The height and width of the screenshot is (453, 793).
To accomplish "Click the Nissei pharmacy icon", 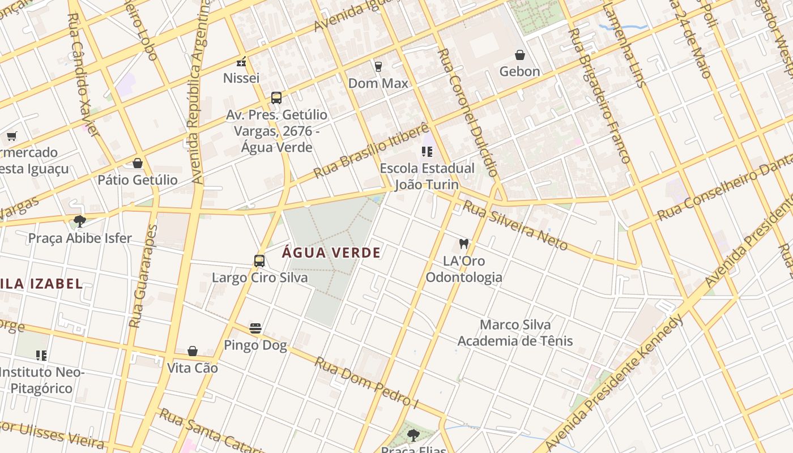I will coord(241,62).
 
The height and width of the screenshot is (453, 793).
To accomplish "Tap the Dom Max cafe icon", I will coord(378,67).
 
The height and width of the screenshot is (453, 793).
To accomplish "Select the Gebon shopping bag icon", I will coord(519,55).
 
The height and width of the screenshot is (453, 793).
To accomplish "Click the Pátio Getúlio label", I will coord(138,180).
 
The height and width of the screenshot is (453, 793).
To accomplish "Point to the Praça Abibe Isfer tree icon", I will coord(80,221).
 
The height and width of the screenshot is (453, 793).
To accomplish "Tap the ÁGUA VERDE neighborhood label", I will coord(331,253).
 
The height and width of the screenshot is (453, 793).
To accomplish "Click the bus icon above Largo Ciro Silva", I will coord(259,261).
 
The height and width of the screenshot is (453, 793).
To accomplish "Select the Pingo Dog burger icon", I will coord(255,328).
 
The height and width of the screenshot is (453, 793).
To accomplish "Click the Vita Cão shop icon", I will coord(193,351).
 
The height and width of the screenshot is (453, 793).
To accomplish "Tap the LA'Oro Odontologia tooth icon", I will coord(464,244).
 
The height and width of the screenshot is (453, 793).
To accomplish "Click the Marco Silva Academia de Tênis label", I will coord(515,333).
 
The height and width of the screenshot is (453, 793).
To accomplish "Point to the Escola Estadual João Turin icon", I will coord(427,152).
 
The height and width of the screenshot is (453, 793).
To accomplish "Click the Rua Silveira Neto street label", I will coord(515,225).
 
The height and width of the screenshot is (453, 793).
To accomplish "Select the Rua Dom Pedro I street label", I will coord(366,382).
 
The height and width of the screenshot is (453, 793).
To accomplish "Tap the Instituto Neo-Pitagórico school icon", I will coord(41,356).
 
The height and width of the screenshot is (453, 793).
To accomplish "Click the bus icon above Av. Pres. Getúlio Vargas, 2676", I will coord(276,98).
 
